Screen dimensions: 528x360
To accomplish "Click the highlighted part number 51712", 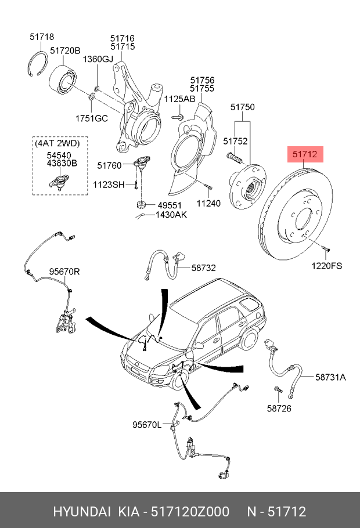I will [304, 155].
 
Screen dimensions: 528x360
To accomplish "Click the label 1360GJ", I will [97, 59].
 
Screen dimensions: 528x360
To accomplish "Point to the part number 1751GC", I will [92, 119].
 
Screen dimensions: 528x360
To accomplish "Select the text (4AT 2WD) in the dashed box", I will [56, 143].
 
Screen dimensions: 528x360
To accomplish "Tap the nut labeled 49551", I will [140, 204].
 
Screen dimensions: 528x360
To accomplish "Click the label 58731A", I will [330, 377].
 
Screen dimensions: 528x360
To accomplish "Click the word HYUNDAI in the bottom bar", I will [82, 511].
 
